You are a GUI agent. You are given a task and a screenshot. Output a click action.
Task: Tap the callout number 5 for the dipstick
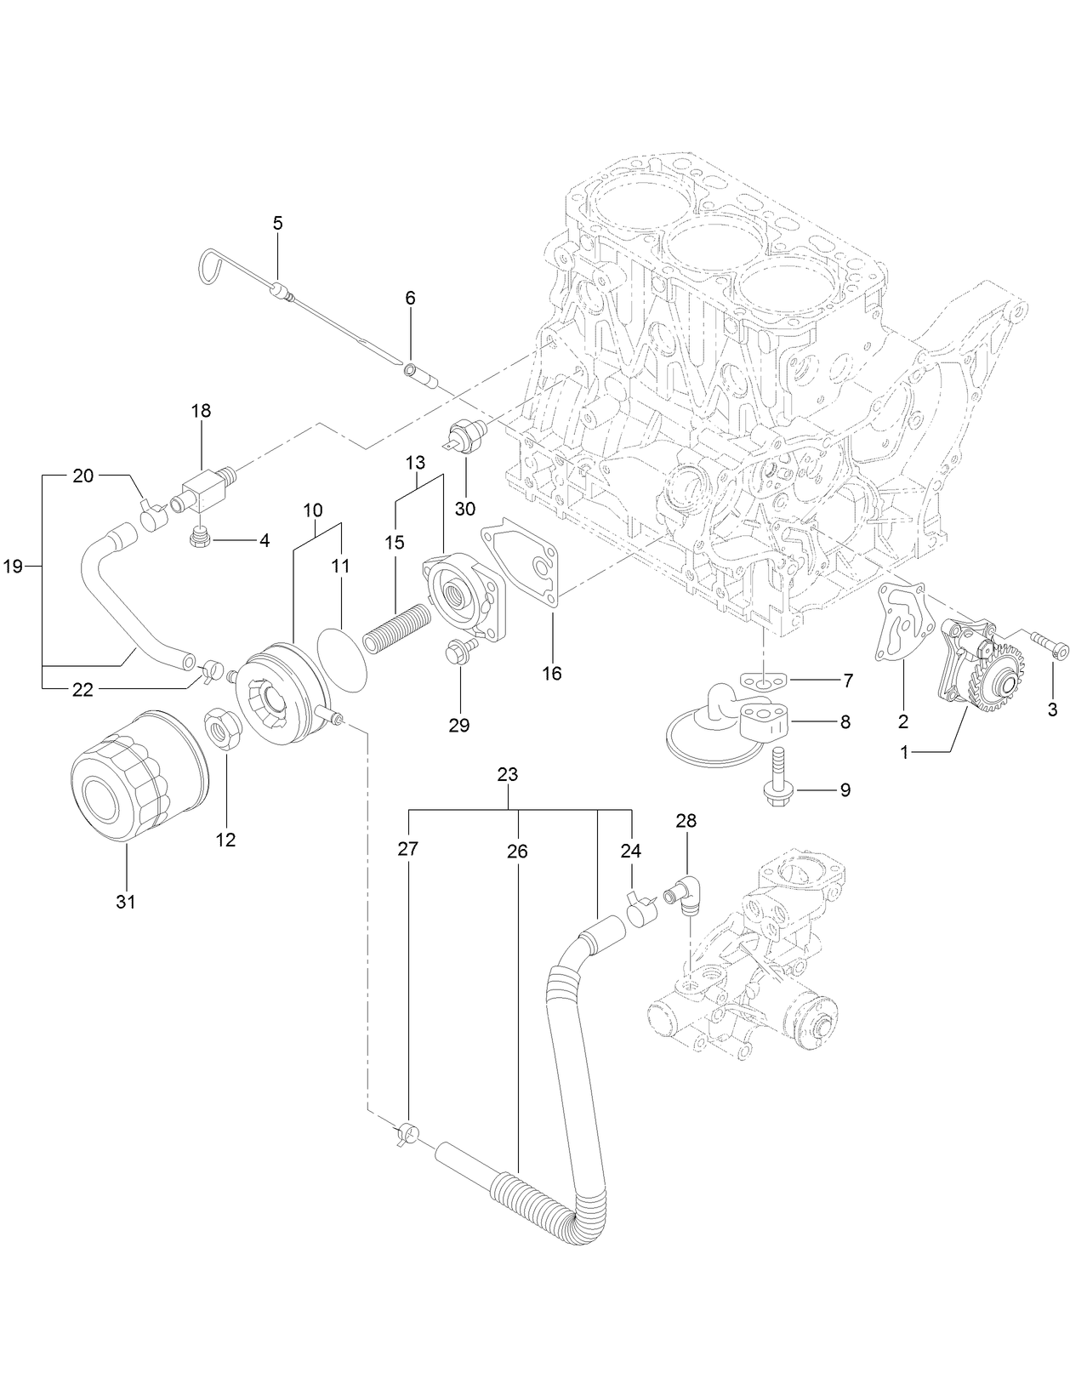278,223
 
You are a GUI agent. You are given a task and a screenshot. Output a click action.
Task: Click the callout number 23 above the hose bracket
508,775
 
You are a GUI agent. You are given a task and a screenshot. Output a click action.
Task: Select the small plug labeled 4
201,538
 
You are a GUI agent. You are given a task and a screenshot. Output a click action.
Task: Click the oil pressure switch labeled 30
468,435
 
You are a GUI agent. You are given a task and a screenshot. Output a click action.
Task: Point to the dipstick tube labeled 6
420,374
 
